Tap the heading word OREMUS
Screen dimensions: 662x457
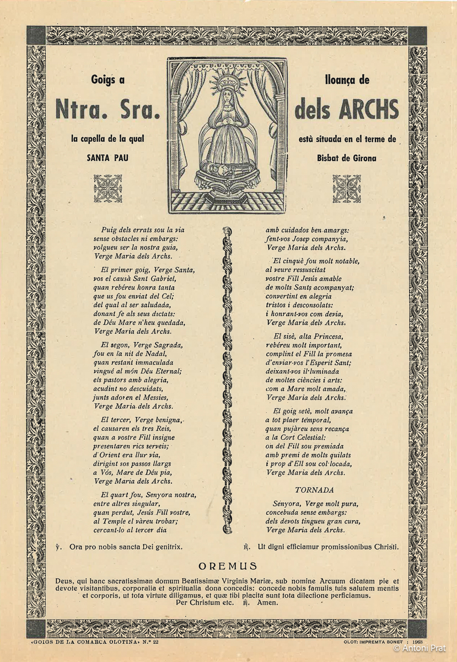click(x=228, y=566)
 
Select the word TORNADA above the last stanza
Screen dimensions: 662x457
click(x=314, y=490)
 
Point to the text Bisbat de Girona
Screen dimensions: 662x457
click(x=346, y=158)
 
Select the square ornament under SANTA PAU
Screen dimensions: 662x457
click(x=107, y=188)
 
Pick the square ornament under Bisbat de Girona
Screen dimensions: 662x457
click(x=346, y=188)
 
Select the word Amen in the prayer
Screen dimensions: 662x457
click(x=268, y=603)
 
